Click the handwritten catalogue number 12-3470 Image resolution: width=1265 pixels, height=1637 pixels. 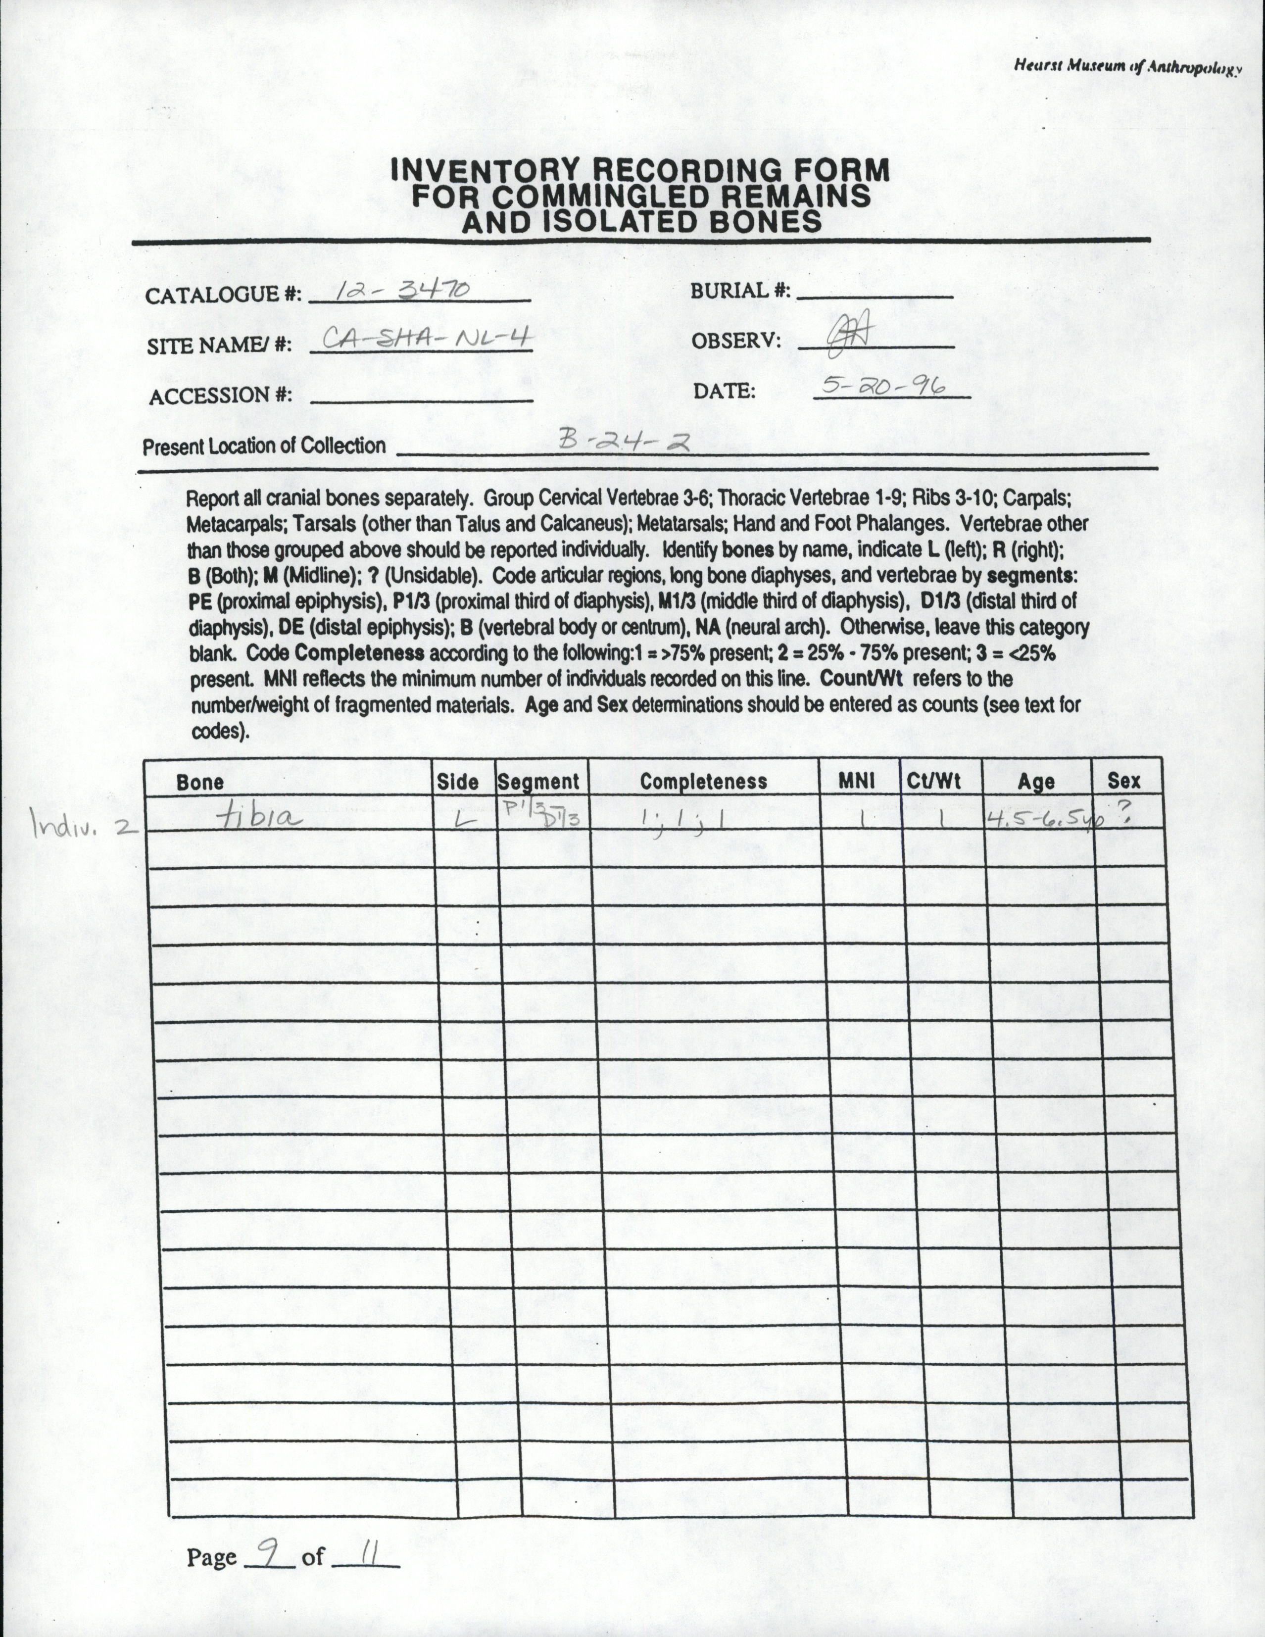point(402,289)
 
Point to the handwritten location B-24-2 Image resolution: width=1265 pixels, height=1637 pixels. point(624,442)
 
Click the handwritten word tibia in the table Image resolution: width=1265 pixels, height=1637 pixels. point(258,819)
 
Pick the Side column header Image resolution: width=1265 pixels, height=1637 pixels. point(457,782)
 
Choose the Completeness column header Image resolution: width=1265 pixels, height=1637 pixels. point(703,782)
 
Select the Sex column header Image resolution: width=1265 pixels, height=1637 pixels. point(1123,781)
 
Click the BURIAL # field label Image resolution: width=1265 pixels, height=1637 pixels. point(740,291)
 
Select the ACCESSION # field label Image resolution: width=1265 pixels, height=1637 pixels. point(220,395)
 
